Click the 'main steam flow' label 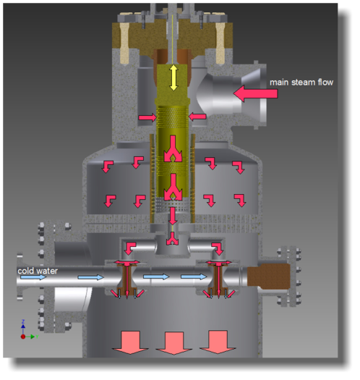[301, 83]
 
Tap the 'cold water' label [38, 271]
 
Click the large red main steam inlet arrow [255, 93]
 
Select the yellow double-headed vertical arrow [173, 77]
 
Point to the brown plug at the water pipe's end [269, 276]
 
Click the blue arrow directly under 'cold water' [33, 277]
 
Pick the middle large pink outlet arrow [173, 343]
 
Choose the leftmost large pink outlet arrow [130, 342]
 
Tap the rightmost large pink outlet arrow [218, 342]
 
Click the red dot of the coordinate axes [23, 337]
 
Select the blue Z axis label [23, 321]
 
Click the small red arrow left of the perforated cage [147, 117]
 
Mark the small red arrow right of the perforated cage [197, 117]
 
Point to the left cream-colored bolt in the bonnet [124, 43]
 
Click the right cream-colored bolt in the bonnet [220, 43]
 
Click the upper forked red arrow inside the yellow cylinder [173, 148]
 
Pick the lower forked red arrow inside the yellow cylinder [173, 187]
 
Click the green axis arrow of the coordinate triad [31, 337]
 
